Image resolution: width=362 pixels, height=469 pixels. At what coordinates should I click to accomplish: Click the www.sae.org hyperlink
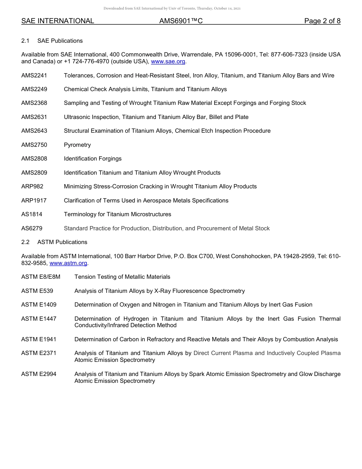(x=168, y=61)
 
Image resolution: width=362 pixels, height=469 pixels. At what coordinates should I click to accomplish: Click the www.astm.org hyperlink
(x=69, y=263)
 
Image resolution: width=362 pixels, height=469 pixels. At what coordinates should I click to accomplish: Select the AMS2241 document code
(x=34, y=75)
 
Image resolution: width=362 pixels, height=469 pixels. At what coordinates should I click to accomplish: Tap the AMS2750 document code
(x=34, y=145)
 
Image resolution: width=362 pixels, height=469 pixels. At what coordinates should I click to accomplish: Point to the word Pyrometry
(x=77, y=145)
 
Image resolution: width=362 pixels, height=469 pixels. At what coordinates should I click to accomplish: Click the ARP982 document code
(x=32, y=186)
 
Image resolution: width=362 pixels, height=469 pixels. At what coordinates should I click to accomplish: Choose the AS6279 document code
(x=32, y=228)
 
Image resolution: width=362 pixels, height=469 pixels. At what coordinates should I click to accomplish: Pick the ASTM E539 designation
(x=37, y=291)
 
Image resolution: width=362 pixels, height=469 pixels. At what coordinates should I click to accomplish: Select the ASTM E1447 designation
(x=39, y=319)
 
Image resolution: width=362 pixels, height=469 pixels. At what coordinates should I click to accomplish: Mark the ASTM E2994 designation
(x=39, y=374)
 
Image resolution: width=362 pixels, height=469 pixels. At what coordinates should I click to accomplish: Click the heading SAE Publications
(x=60, y=41)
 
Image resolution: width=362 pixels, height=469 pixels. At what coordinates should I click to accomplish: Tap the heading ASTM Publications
(x=62, y=242)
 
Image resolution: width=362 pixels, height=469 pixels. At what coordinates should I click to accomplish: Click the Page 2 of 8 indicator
(x=322, y=21)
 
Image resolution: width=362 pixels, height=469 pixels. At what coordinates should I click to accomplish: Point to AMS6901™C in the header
(x=181, y=21)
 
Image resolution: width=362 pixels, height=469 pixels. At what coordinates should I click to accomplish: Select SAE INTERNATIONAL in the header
(x=58, y=21)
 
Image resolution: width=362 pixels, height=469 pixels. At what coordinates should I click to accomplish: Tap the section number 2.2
(x=26, y=242)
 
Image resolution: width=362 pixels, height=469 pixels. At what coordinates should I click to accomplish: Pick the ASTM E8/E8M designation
(x=41, y=277)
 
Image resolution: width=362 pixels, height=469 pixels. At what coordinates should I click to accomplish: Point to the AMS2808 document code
(x=34, y=159)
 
